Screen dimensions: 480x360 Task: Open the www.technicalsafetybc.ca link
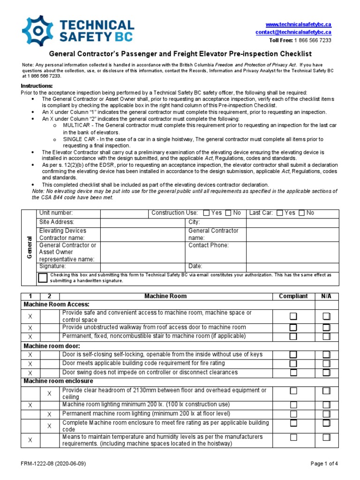coord(299,24)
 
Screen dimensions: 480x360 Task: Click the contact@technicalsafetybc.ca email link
coord(293,32)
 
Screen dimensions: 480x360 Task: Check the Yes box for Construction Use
coord(206,213)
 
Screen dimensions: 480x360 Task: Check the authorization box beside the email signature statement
coord(43,277)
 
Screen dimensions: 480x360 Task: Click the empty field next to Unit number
coord(124,213)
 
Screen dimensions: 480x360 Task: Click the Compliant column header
coord(293,296)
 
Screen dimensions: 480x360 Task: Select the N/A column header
coord(326,296)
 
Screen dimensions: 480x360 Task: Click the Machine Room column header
coord(165,296)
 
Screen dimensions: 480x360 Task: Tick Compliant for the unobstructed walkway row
coord(293,327)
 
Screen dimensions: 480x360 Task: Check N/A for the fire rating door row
coord(326,363)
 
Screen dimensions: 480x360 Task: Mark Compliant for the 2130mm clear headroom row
coord(293,391)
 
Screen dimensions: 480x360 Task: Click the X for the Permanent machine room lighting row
coord(49,414)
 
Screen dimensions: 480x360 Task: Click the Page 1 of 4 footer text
coord(324,464)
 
